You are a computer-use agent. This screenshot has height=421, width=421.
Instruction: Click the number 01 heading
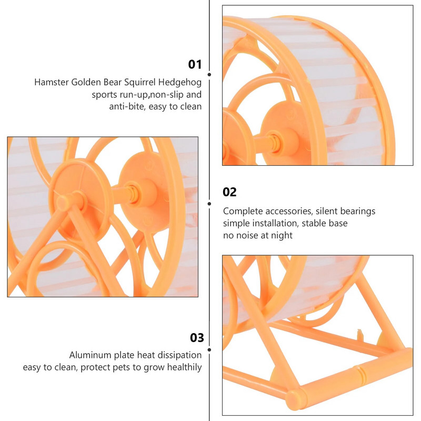[x=195, y=64]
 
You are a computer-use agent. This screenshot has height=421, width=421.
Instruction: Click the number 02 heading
[x=229, y=192]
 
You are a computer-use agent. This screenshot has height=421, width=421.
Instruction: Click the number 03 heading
[x=197, y=338]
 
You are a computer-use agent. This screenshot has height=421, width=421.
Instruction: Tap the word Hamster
[x=52, y=82]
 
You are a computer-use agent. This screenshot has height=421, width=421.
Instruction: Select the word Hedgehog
[x=180, y=83]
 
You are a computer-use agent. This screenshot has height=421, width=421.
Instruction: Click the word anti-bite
[x=126, y=107]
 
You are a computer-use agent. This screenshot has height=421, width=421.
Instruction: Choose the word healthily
[x=185, y=367]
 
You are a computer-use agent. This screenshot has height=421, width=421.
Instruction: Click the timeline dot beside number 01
[x=209, y=75]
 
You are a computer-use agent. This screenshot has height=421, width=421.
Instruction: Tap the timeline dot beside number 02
[x=209, y=204]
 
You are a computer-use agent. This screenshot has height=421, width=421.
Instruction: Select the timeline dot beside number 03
[x=209, y=350]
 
